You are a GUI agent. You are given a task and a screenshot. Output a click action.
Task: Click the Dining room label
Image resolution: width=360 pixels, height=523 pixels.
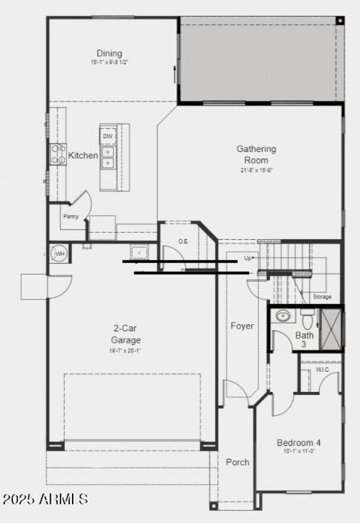[x=109, y=54]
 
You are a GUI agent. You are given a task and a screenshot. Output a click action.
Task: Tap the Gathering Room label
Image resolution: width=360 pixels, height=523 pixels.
[x=256, y=154]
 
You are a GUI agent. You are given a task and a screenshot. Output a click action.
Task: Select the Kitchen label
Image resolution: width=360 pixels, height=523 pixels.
[x=83, y=156]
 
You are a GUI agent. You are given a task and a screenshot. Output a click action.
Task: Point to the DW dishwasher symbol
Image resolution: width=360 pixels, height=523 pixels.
[x=108, y=136]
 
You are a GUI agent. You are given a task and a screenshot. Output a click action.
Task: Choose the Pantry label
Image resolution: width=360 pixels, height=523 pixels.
[x=71, y=216]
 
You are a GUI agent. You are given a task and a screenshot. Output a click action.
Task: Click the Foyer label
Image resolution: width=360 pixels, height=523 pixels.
[x=242, y=326]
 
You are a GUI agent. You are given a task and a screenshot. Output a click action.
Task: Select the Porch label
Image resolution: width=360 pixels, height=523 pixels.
[x=237, y=462]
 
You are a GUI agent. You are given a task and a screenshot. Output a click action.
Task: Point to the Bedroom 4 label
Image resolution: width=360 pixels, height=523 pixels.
[x=298, y=442]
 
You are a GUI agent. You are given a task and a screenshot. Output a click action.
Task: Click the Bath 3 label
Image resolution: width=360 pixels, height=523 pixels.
[x=304, y=339]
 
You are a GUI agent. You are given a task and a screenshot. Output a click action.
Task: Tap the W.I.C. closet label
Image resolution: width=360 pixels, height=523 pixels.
[x=323, y=370]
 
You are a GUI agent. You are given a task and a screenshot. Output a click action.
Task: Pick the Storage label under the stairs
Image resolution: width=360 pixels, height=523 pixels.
[x=322, y=297]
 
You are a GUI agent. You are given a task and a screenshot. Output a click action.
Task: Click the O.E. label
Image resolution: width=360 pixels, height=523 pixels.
[x=183, y=242]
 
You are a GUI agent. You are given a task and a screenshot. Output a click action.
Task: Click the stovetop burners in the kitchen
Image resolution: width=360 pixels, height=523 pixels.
[x=58, y=153]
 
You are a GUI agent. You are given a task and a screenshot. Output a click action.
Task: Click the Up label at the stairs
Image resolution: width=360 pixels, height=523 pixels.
[x=247, y=258]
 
